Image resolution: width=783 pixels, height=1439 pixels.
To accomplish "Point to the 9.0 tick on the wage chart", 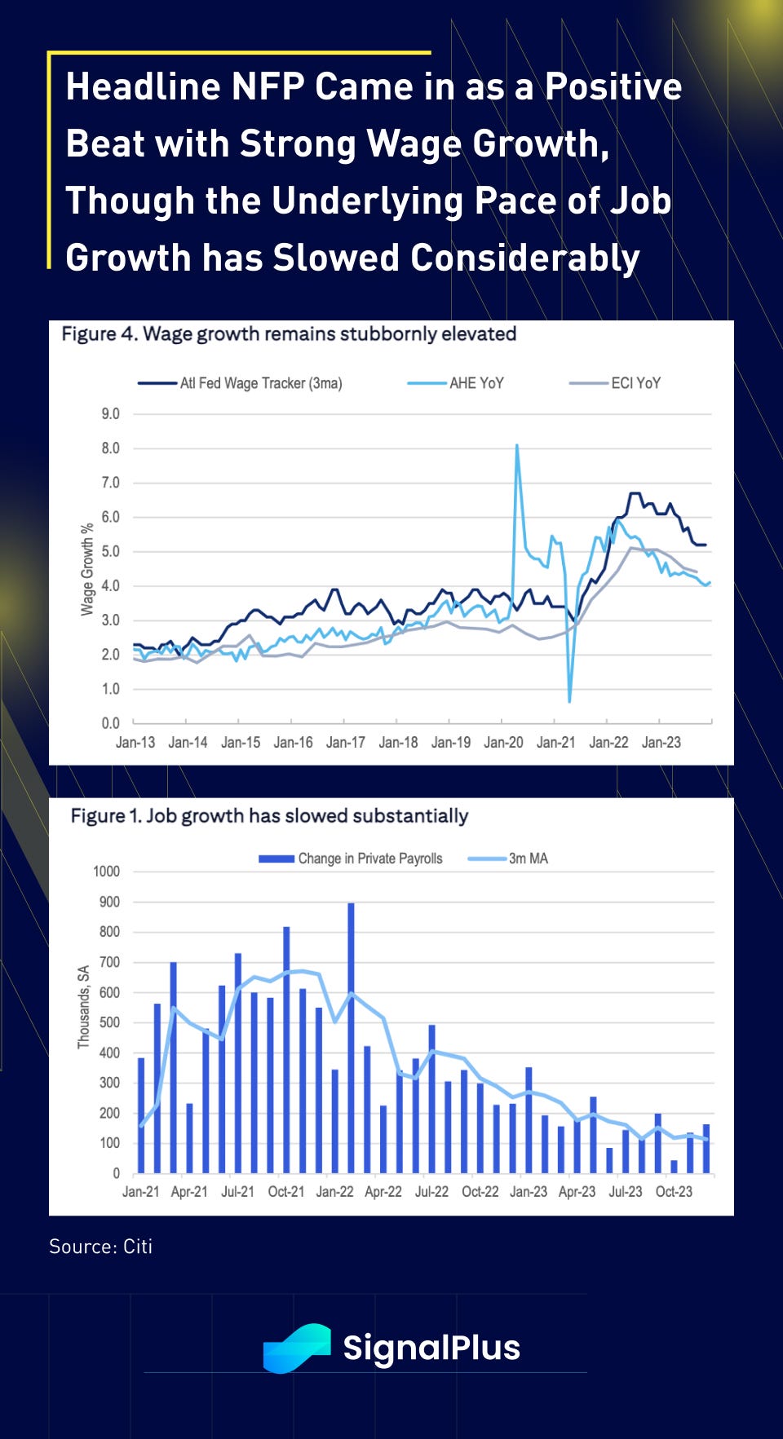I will tap(110, 414).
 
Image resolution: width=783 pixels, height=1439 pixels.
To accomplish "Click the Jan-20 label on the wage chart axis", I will tap(503, 743).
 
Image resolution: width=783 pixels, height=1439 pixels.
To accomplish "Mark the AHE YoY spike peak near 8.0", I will tap(517, 446).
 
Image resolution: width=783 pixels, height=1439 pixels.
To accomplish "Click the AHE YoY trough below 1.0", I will tap(569, 700).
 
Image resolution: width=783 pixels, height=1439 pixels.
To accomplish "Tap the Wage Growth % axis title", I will tap(87, 569).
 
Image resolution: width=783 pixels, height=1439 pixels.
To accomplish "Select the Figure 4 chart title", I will tap(289, 334).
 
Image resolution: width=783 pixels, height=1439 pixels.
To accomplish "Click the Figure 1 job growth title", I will tap(269, 816).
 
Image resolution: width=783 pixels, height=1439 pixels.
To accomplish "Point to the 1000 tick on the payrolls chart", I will tap(106, 872).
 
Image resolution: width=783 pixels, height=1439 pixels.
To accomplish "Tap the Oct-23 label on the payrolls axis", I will tap(674, 1192).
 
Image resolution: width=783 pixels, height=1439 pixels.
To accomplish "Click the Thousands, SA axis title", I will tap(83, 1007).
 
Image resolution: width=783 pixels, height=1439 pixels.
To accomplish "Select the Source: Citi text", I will tap(100, 1247).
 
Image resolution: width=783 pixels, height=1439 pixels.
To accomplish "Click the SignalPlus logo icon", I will tap(297, 1348).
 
